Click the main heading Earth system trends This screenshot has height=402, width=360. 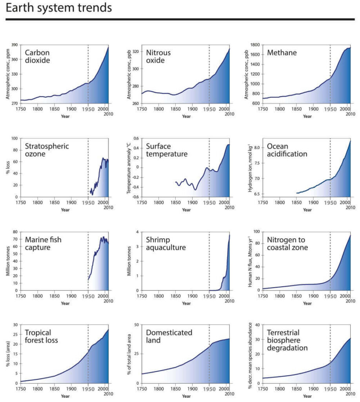(x=59, y=8)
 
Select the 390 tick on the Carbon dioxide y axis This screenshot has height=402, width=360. (x=15, y=45)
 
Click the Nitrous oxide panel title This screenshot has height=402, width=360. (x=160, y=57)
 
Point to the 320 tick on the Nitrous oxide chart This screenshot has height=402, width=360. (x=136, y=52)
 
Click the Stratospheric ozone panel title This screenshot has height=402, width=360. (x=47, y=150)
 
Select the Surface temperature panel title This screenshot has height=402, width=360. (x=167, y=150)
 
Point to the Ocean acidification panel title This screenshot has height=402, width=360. (x=287, y=150)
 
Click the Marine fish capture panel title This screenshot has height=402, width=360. (x=43, y=243)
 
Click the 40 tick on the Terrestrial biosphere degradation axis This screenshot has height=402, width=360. (x=258, y=325)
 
